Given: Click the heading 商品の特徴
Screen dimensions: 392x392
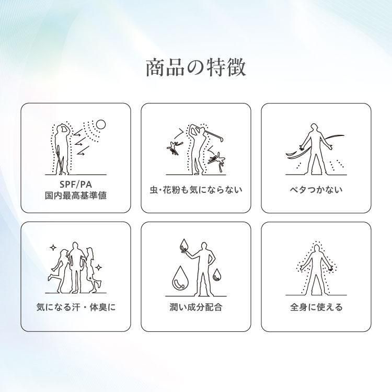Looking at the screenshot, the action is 196,67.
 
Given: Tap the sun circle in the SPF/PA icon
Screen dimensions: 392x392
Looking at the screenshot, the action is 101,124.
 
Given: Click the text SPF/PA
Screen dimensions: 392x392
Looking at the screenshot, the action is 76,185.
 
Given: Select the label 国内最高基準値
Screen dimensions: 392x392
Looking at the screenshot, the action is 76,195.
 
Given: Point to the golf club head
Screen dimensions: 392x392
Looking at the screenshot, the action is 220,139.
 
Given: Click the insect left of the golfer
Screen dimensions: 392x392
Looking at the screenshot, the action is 175,148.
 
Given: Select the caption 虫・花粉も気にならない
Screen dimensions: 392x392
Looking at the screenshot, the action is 196,190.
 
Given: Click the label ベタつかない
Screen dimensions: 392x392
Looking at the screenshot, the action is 316,190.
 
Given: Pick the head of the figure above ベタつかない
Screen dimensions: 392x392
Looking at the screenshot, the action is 316,128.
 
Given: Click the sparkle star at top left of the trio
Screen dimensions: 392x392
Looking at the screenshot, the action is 53,248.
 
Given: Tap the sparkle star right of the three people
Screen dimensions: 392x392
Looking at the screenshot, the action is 99,268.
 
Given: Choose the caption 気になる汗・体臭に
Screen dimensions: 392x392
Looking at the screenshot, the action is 76,307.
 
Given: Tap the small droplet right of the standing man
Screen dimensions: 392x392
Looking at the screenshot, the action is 216,274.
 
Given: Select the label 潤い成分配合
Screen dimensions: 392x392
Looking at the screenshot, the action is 196,307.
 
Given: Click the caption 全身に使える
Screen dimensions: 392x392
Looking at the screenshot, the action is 316,307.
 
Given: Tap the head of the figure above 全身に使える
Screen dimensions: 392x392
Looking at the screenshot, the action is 317,248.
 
